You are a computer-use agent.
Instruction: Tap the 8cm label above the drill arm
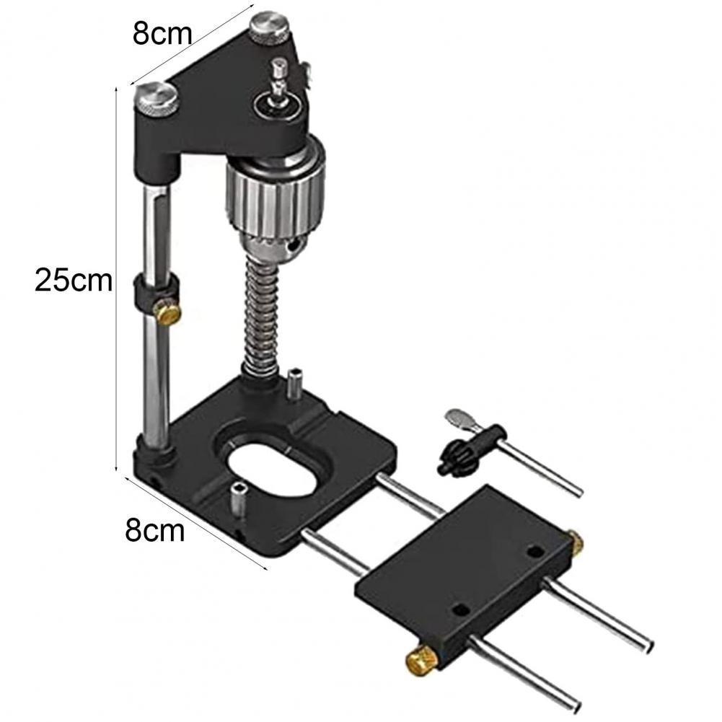click(162, 34)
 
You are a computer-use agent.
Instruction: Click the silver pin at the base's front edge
click(237, 498)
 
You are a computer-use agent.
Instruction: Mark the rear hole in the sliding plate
click(534, 552)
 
